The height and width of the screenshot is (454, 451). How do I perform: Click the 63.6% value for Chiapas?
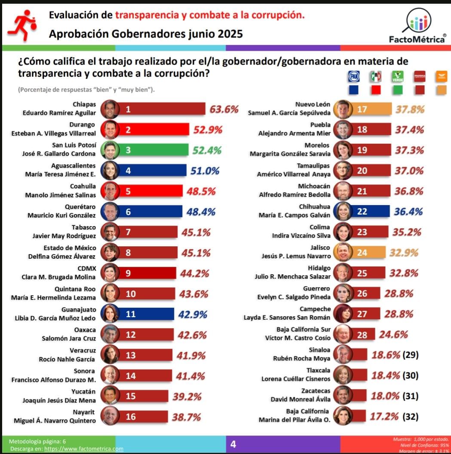pos(224,109)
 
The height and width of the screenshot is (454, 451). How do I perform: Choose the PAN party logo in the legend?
pos(353,77)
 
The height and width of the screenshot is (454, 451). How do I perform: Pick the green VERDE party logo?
pos(398,77)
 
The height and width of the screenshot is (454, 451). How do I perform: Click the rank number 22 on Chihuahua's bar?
pos(362,212)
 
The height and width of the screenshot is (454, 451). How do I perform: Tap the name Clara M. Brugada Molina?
pos(58,277)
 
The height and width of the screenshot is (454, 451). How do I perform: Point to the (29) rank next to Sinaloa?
pos(410,354)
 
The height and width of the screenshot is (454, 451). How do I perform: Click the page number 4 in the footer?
pos(233,444)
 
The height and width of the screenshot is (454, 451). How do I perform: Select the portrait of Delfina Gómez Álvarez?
pos(110,252)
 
